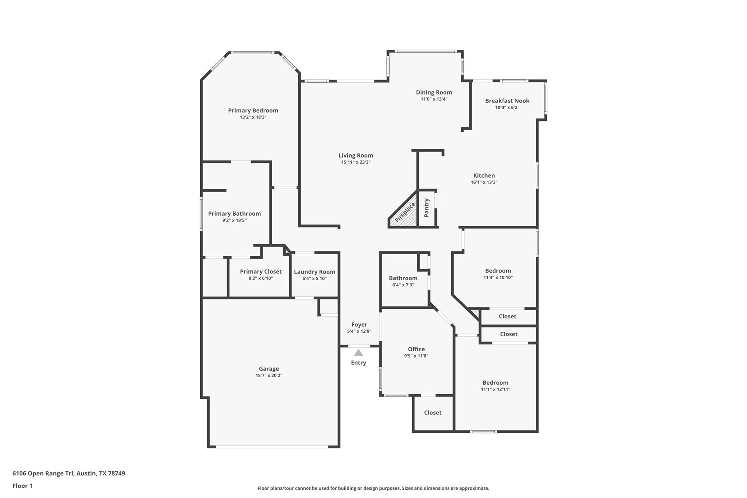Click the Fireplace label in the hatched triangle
tap(405, 212)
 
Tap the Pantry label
tap(427, 208)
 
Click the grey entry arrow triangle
tap(359, 353)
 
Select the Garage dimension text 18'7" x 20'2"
tap(269, 375)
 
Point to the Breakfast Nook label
tap(507, 101)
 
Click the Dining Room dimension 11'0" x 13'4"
tap(434, 99)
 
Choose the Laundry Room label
tap(314, 272)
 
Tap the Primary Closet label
tap(260, 271)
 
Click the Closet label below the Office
tap(433, 413)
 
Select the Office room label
tap(416, 349)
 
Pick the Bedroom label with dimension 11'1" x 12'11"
tap(495, 383)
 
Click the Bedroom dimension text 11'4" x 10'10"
tap(498, 277)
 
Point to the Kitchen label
tap(484, 175)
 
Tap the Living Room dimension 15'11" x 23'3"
tap(356, 162)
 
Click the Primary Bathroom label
tap(234, 214)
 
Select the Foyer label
tap(359, 325)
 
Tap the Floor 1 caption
tap(22, 486)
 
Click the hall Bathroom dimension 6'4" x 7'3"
tap(403, 285)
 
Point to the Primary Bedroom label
tap(253, 111)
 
